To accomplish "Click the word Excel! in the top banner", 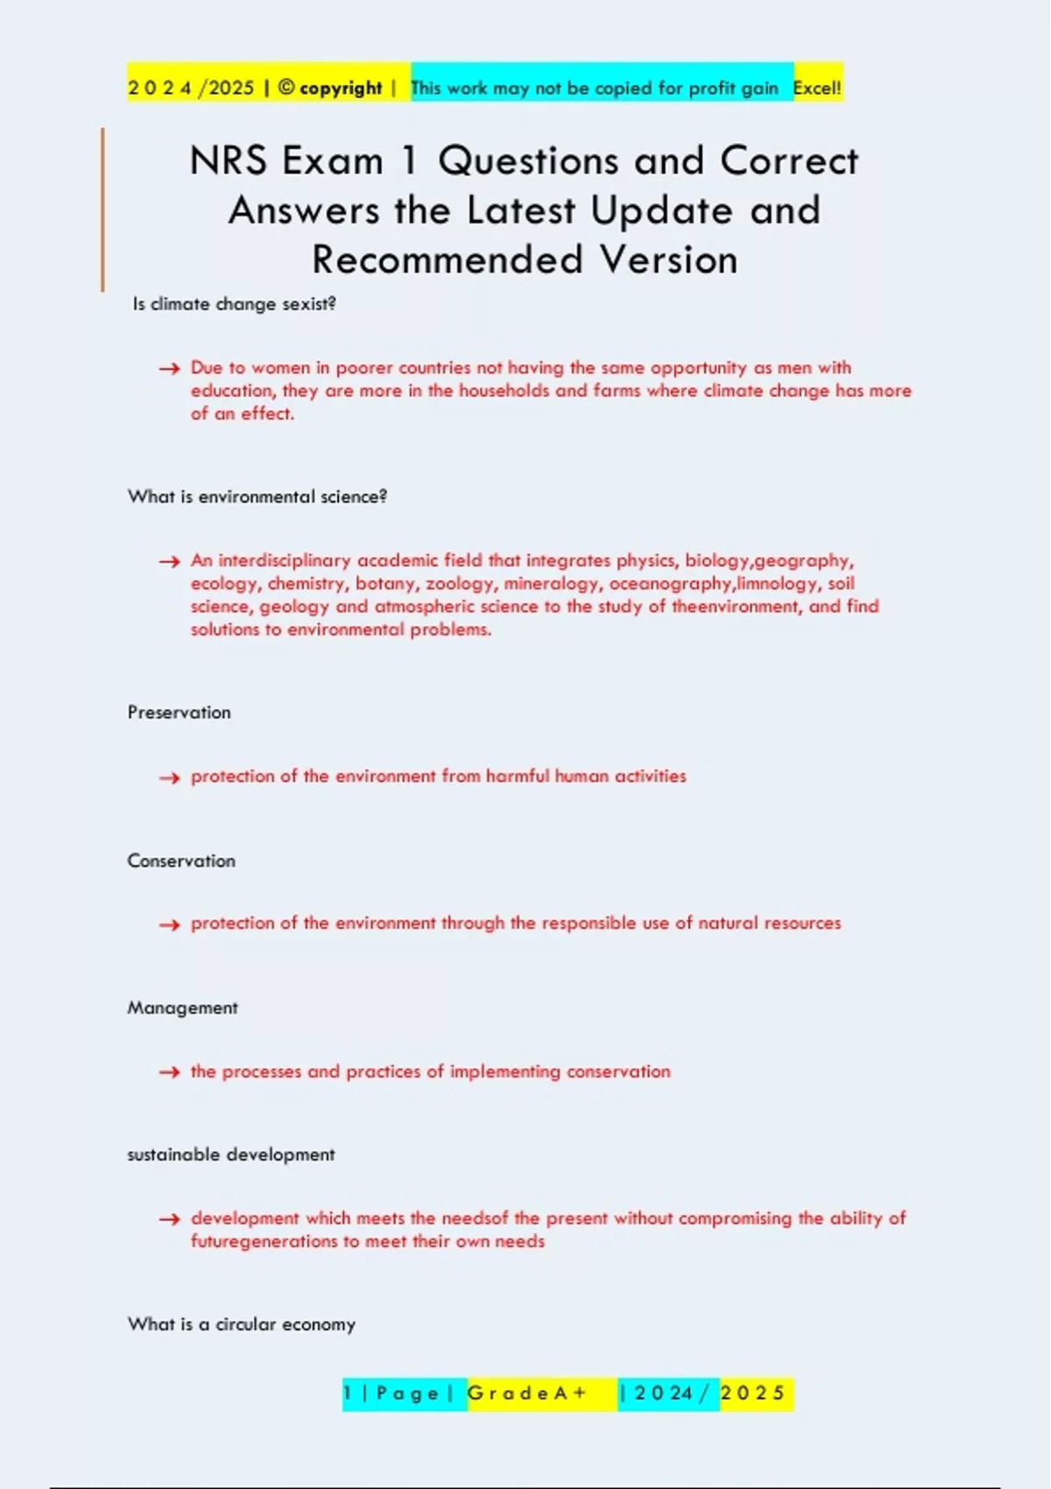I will click(816, 88).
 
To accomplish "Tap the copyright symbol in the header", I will click(286, 88).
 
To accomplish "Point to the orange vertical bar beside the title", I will click(102, 209).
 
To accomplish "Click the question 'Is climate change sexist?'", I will click(234, 304).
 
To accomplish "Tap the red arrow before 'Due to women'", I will click(169, 369).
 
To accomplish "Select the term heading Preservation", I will click(180, 712).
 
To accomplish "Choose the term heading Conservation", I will click(181, 861).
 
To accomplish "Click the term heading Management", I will click(182, 1008).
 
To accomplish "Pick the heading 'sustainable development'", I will click(231, 1154).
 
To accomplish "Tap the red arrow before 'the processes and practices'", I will click(169, 1072).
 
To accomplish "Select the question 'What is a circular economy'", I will click(242, 1324).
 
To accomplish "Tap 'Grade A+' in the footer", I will click(526, 1393).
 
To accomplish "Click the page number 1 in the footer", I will click(348, 1393).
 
